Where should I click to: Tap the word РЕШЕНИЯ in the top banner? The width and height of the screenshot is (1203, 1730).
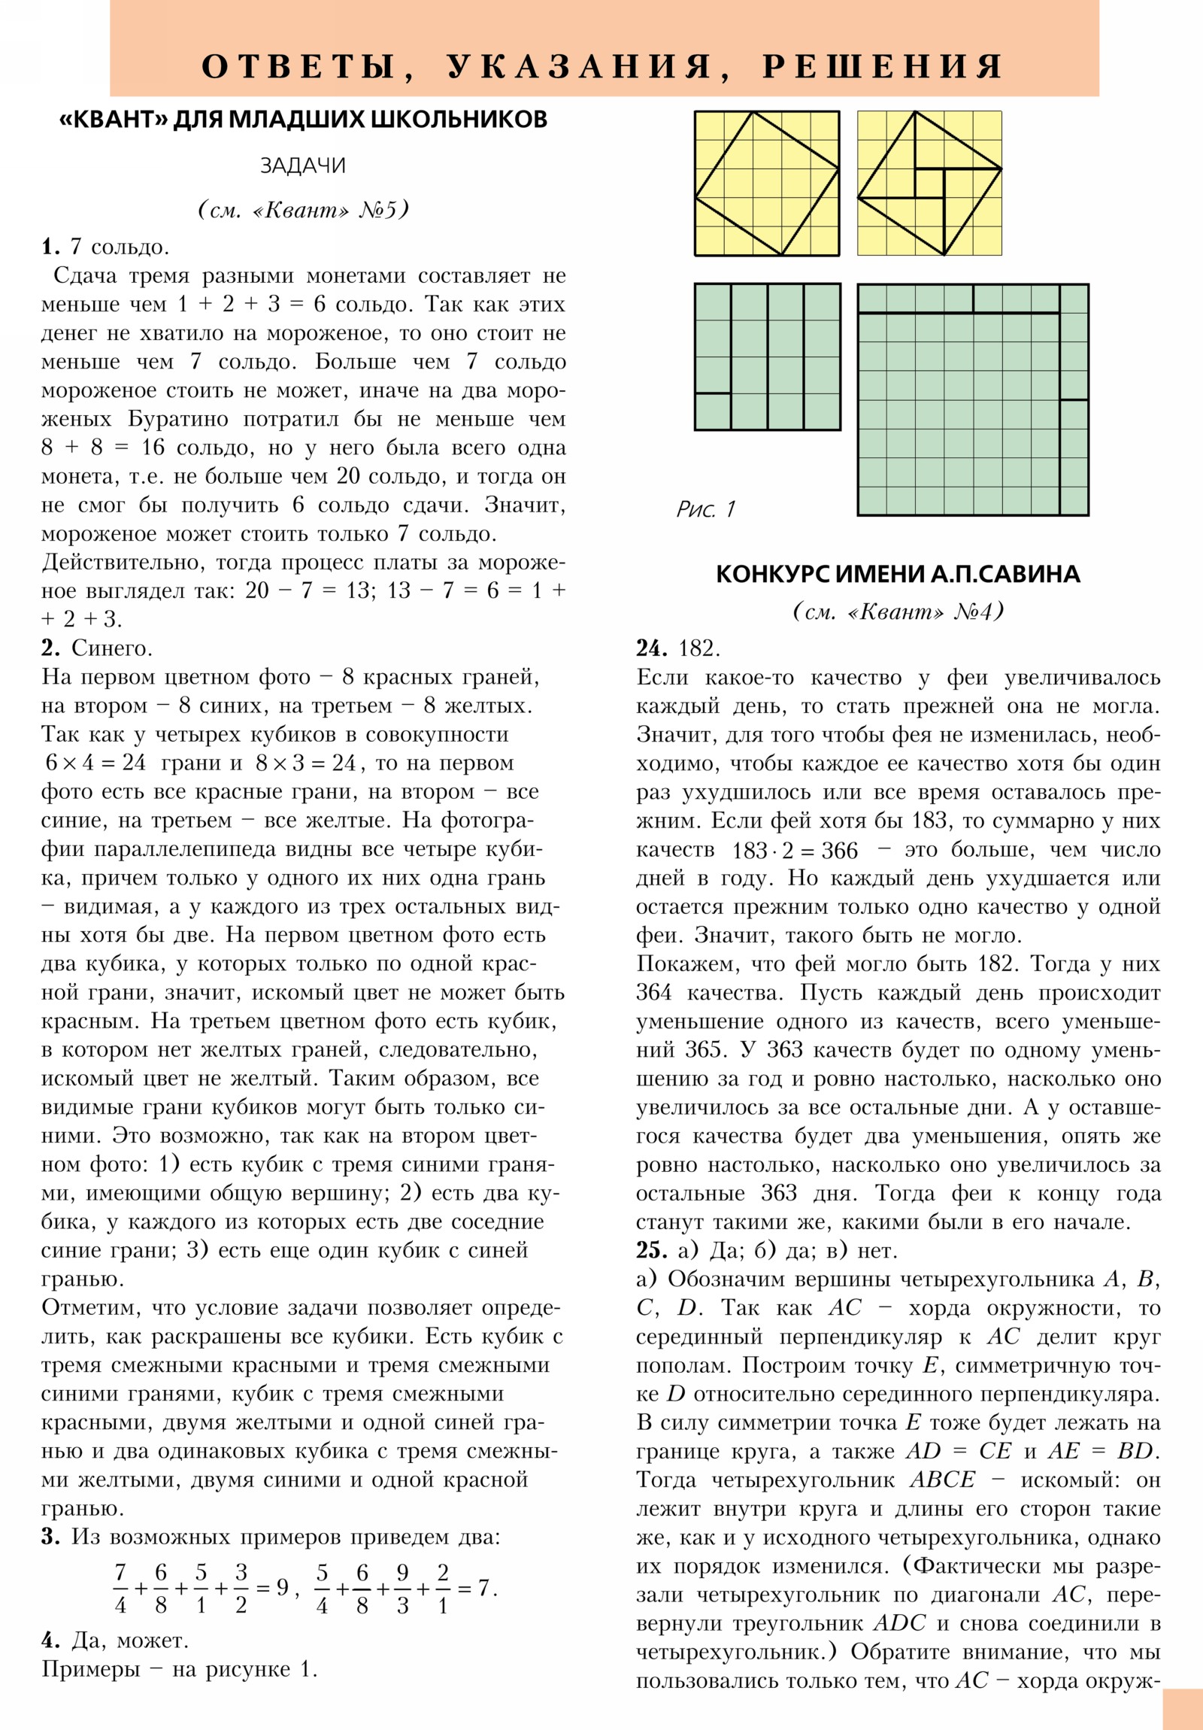pos(882,67)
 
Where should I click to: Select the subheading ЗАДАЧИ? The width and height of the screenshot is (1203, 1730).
pos(303,165)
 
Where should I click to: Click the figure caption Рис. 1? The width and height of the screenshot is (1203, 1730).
pos(705,509)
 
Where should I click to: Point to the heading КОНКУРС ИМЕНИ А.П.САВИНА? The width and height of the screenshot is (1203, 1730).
pos(897,574)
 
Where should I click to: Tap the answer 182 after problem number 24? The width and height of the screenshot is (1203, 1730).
pos(699,648)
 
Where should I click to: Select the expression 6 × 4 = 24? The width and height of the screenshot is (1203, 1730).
pos(95,763)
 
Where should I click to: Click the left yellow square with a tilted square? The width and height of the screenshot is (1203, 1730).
pos(766,183)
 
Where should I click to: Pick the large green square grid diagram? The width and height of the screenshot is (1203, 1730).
pos(972,399)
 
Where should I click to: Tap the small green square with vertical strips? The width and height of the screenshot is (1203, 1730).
pos(767,357)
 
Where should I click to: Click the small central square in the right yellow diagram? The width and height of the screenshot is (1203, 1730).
pos(929,183)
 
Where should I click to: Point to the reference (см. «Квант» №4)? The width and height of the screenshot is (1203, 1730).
pos(897,611)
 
